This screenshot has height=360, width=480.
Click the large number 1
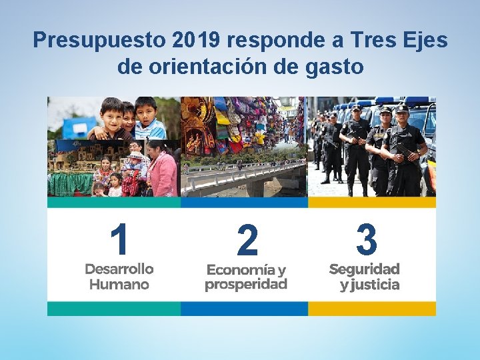[119, 240]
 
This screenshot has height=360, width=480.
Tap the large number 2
[247, 241]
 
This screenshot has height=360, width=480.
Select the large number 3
[366, 240]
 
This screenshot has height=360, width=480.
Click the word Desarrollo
[119, 269]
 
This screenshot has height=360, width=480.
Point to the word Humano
[119, 285]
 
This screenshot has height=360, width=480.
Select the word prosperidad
[246, 285]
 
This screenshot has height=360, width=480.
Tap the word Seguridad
[364, 269]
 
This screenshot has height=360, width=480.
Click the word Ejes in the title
[426, 41]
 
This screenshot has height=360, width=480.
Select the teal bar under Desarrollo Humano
[114, 309]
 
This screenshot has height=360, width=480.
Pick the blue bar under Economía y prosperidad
[244, 309]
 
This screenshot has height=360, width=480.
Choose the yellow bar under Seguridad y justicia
[372, 309]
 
